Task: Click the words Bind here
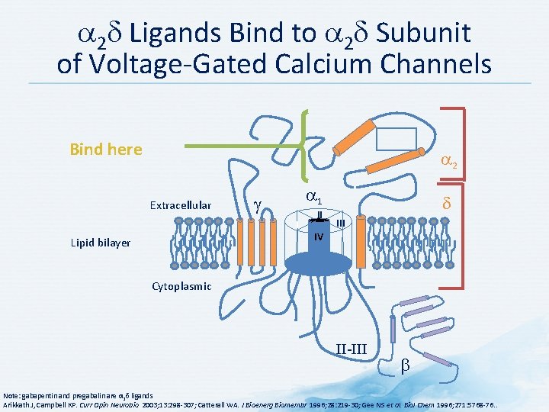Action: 105,150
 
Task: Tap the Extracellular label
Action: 181,205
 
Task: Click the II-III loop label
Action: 352,349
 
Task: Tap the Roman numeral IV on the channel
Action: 319,237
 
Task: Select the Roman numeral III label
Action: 341,223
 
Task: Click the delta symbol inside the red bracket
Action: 448,205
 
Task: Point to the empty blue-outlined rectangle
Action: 396,138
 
